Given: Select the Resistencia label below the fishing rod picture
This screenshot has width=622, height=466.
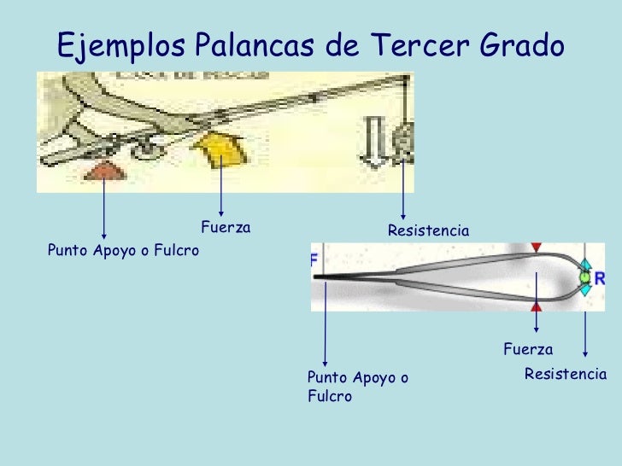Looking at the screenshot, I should click(429, 230).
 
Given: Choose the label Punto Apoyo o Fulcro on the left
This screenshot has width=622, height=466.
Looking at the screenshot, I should click(123, 251).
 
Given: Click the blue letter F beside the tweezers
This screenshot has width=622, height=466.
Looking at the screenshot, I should click(314, 259).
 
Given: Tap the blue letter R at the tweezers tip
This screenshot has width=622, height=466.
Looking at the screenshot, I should click(600, 278).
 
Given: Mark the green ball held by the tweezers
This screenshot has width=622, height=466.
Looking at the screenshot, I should click(585, 277).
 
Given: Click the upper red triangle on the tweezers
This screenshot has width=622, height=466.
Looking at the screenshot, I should click(536, 247).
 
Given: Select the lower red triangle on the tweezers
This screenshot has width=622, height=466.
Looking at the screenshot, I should click(536, 306).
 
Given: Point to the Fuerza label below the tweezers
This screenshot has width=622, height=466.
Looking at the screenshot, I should click(528, 349).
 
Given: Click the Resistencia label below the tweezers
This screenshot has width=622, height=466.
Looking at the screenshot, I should click(565, 374).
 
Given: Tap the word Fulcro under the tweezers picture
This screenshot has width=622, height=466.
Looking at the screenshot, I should click(329, 397).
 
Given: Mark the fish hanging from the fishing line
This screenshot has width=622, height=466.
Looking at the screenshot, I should click(402, 137).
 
